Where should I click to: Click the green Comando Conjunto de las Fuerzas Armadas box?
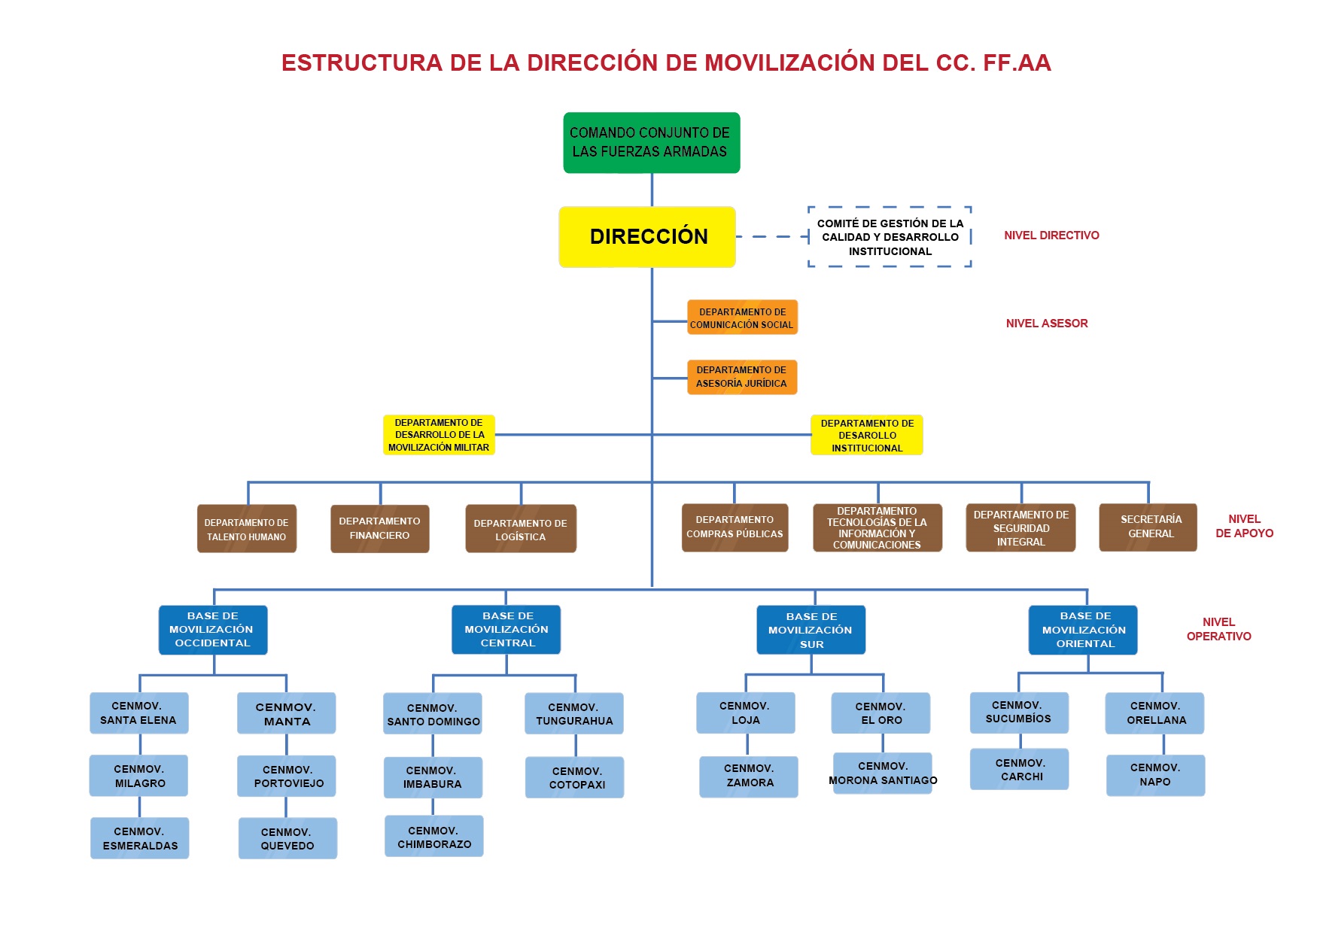click(x=651, y=142)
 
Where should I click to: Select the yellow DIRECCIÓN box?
click(x=647, y=236)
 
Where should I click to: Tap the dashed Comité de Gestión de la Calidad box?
click(x=890, y=237)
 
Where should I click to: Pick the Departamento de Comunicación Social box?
click(x=742, y=318)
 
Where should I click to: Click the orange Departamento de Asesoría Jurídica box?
click(x=741, y=377)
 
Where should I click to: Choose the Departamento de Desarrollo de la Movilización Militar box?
click(x=439, y=435)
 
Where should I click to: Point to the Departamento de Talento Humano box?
click(x=246, y=529)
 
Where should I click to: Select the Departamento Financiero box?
click(x=379, y=528)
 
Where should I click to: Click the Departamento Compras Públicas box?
click(x=735, y=527)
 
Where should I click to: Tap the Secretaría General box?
click(x=1148, y=527)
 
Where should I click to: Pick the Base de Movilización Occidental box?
click(x=213, y=630)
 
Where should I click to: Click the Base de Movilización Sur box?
click(x=811, y=630)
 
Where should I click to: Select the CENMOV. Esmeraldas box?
click(x=140, y=838)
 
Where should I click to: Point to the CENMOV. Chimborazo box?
click(x=434, y=837)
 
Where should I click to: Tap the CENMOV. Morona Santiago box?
click(x=883, y=773)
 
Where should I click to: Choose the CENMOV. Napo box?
click(x=1155, y=775)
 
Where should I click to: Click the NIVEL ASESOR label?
click(x=1047, y=324)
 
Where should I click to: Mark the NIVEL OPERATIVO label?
click(x=1218, y=629)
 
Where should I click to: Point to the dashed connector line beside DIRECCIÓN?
click(x=771, y=236)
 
